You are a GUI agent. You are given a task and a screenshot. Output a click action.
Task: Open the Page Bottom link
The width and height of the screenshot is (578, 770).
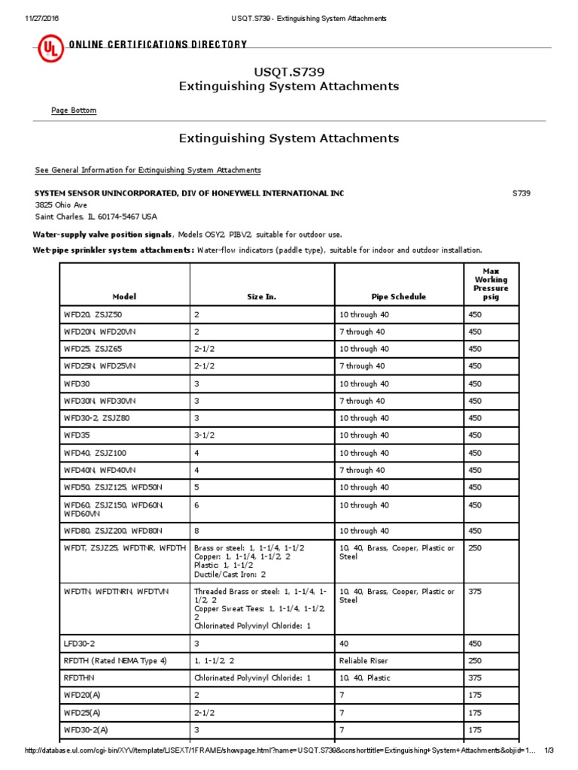coord(74,111)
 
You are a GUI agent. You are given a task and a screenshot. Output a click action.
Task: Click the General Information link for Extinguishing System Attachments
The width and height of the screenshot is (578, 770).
coord(148,170)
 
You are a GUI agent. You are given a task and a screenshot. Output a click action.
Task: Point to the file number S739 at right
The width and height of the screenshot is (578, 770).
coord(522,193)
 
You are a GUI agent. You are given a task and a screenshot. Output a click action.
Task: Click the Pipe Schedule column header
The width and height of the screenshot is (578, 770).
coord(399,297)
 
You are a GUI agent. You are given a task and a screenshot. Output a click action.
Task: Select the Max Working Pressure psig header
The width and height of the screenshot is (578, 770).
coord(491,283)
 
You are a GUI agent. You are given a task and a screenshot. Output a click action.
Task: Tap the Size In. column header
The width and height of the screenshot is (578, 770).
coord(261,297)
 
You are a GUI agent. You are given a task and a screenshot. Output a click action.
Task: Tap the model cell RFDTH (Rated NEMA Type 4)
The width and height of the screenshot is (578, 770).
coord(115,661)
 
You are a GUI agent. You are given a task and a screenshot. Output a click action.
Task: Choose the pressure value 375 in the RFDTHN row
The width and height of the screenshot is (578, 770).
coord(475,678)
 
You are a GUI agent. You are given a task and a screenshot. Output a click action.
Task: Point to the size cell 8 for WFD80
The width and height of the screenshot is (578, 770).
coord(196,531)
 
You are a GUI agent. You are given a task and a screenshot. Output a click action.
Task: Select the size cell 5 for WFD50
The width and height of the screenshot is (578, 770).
coord(196,487)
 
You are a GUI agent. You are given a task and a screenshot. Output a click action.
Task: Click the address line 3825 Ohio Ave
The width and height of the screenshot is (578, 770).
coord(61,205)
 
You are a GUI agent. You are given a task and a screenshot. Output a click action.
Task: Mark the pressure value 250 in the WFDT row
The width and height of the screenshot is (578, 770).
coord(475,548)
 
